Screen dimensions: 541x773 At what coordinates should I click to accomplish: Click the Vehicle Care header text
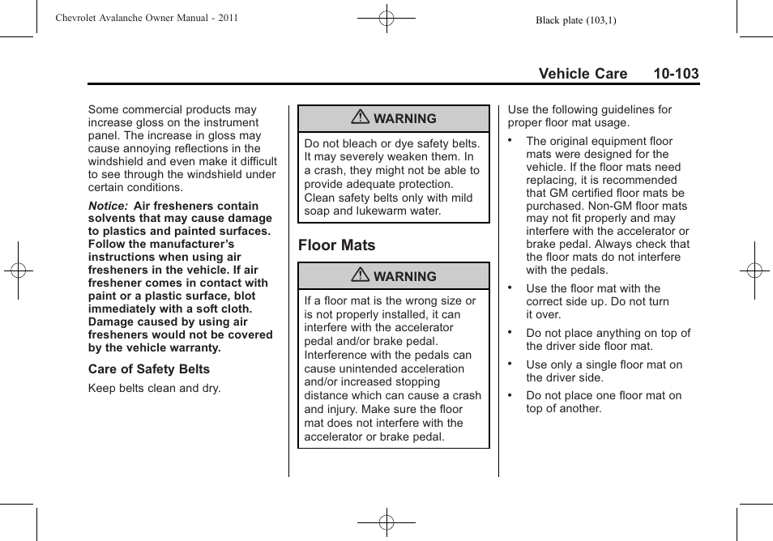tap(583, 74)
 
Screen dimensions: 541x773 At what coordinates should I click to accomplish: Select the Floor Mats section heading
tap(336, 245)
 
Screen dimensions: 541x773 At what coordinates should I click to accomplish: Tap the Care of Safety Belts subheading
tap(149, 369)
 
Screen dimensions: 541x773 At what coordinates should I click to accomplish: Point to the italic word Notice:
tap(108, 206)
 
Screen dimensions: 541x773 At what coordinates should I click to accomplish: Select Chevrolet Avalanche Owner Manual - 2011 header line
tap(147, 18)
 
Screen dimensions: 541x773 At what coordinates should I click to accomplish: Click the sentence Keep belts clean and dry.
tap(154, 388)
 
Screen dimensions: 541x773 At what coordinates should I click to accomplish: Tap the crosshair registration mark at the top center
tap(386, 17)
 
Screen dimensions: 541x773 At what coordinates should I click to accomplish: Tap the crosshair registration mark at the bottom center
tap(386, 523)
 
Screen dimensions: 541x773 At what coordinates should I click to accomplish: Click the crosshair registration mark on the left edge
tap(17, 270)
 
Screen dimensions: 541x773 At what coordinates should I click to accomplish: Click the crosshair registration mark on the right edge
tap(754, 270)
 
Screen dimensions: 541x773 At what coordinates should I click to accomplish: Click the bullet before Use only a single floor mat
tap(510, 363)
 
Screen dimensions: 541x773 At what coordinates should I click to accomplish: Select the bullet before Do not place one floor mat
tap(510, 394)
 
